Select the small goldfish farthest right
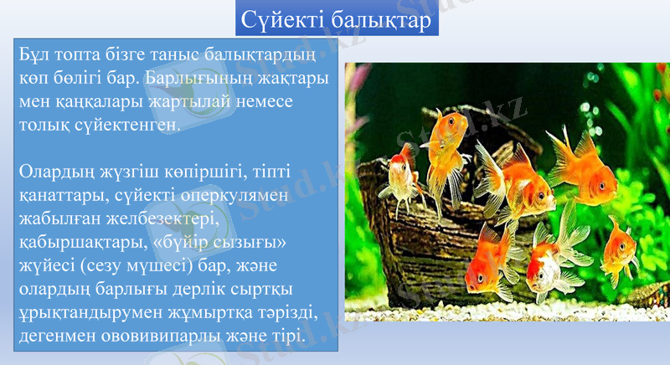pyautogui.click(x=620, y=249)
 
